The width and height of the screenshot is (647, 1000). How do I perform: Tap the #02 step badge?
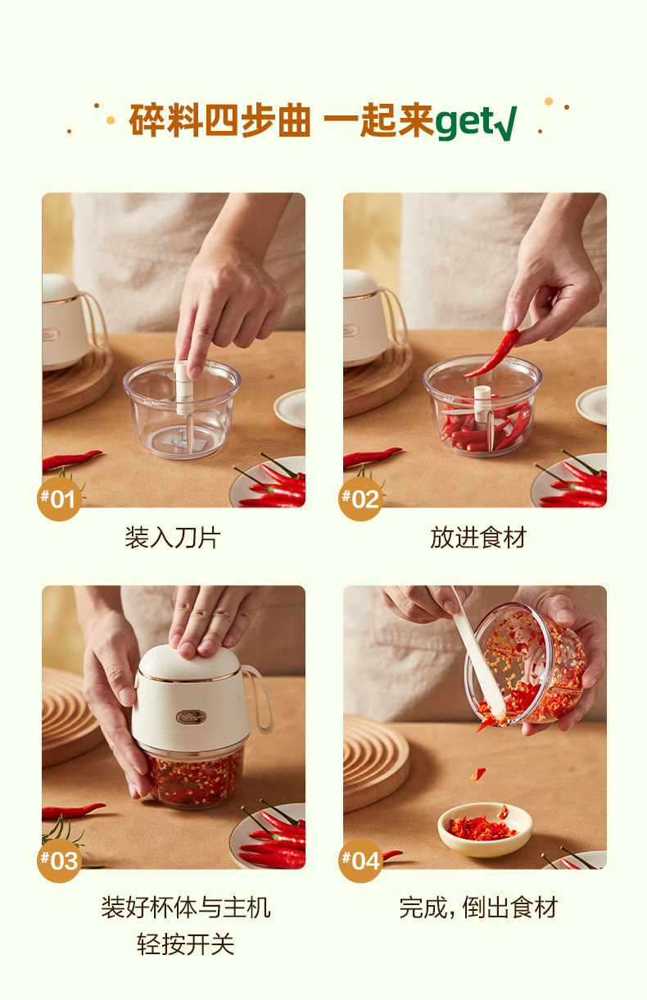[360, 498]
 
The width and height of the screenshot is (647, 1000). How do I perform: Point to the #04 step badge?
[360, 860]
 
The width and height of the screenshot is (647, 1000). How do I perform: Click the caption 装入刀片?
[173, 538]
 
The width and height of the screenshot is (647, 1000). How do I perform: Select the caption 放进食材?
[478, 538]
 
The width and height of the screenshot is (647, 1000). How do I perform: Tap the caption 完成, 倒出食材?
[478, 908]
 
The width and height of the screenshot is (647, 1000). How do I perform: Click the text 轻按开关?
[185, 944]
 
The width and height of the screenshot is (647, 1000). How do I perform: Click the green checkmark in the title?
[506, 124]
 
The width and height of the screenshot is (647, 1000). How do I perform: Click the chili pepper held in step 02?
[492, 354]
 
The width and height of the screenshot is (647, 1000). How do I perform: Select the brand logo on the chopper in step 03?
[192, 717]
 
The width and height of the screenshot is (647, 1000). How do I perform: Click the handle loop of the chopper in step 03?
[259, 700]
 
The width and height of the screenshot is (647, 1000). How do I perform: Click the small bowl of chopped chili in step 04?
[485, 830]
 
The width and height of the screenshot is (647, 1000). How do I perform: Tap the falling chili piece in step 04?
[478, 773]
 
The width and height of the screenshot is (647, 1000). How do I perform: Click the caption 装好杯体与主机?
[185, 908]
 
